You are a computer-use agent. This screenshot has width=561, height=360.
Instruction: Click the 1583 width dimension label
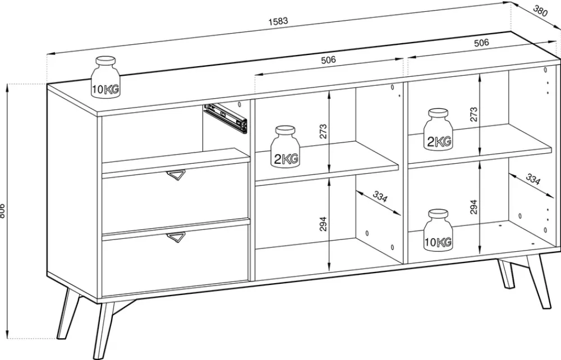[278, 21]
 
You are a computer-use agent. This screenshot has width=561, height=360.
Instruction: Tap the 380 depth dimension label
[540, 11]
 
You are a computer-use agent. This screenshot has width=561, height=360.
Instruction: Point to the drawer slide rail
[226, 118]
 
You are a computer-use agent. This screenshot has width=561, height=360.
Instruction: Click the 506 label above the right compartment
[481, 43]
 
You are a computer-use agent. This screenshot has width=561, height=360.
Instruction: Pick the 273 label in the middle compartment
[323, 132]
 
